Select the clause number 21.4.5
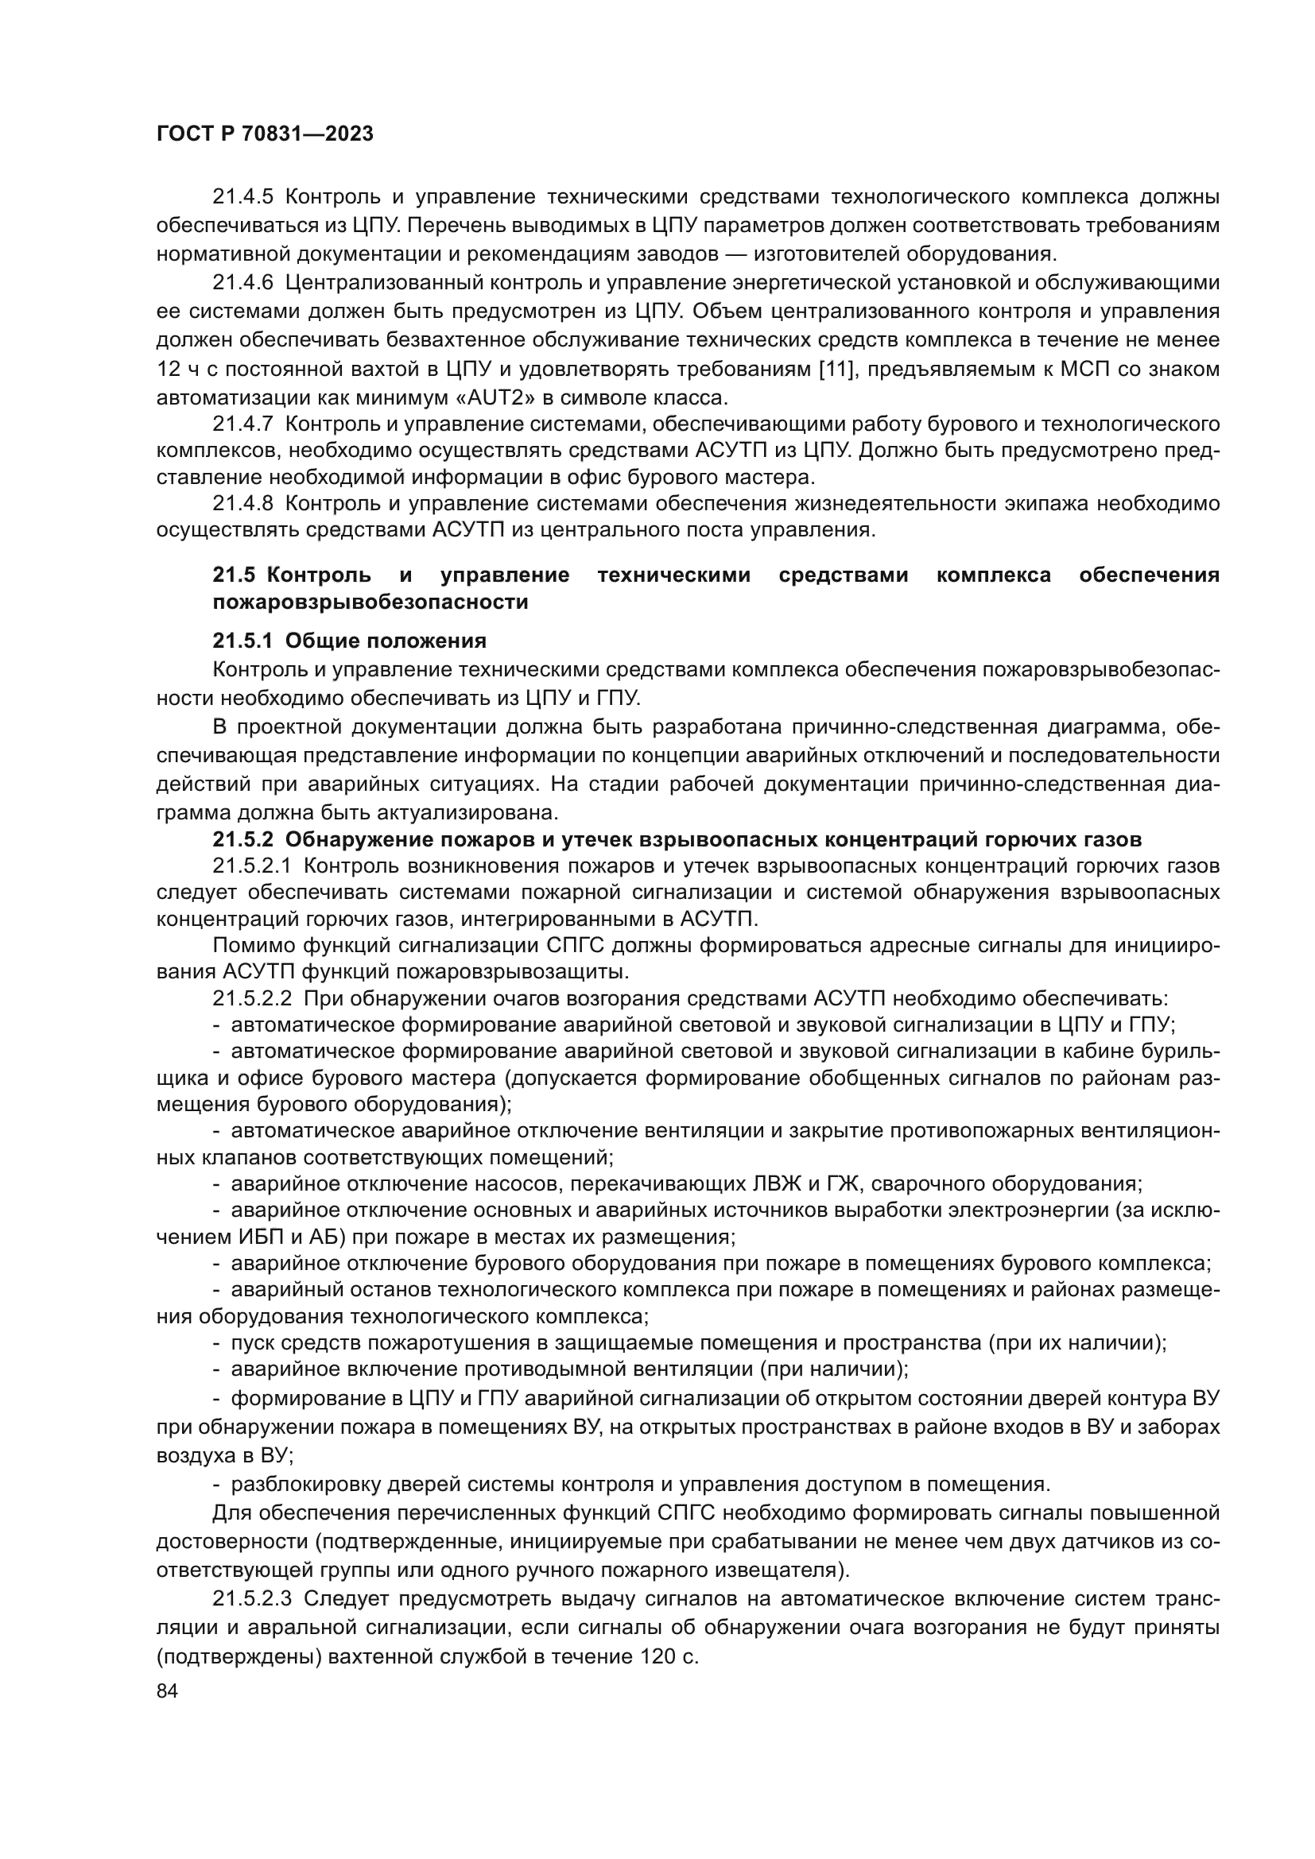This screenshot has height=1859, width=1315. click(243, 197)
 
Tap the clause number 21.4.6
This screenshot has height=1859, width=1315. click(243, 283)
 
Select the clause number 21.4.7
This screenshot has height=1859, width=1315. click(243, 424)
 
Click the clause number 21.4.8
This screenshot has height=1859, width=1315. click(243, 504)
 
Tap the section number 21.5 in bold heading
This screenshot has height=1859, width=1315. click(233, 575)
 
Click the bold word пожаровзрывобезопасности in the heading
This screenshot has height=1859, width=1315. click(370, 602)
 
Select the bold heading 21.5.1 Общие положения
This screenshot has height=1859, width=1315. click(349, 641)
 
